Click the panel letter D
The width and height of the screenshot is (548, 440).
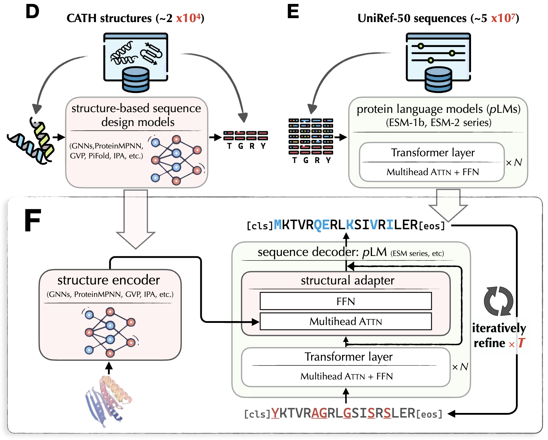pyautogui.click(x=32, y=12)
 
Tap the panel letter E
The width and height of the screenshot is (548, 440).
pyautogui.click(x=293, y=12)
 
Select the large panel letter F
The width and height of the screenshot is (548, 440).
pyautogui.click(x=32, y=220)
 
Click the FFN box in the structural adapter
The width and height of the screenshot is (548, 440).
pyautogui.click(x=346, y=301)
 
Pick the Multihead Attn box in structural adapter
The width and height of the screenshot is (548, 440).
pyautogui.click(x=346, y=321)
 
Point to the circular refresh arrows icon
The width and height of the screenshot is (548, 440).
pyautogui.click(x=498, y=301)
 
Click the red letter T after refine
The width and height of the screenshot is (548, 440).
pyautogui.click(x=521, y=343)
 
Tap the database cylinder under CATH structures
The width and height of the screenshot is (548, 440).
pyautogui.click(x=135, y=79)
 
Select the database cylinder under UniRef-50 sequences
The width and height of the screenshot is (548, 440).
pyautogui.click(x=438, y=79)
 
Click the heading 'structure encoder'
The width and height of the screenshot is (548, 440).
pyautogui.click(x=109, y=280)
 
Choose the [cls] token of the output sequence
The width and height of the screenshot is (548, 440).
pyautogui.click(x=260, y=226)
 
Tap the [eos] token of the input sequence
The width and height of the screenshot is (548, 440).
pyautogui.click(x=429, y=414)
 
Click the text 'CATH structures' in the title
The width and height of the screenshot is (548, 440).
pyautogui.click(x=109, y=18)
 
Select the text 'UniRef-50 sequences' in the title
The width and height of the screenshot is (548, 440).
pyautogui.click(x=412, y=18)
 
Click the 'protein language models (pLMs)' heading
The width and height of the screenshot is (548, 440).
pyautogui.click(x=438, y=109)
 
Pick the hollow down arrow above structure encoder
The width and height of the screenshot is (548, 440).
pyautogui.click(x=136, y=219)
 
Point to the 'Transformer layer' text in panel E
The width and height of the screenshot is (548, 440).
pyautogui.click(x=433, y=153)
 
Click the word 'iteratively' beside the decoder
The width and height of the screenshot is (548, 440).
pyautogui.click(x=499, y=328)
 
